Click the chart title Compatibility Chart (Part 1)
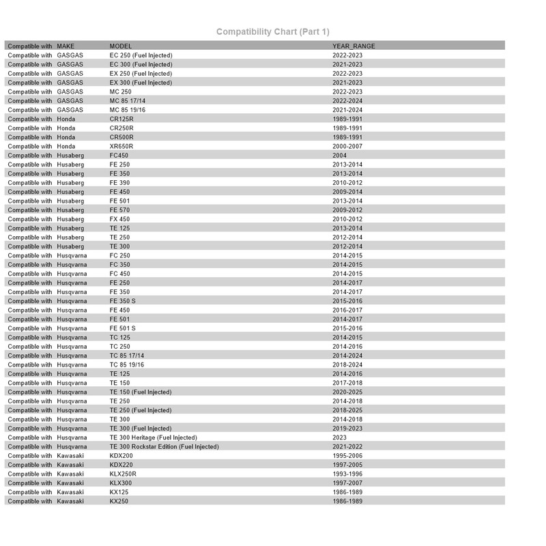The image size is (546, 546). coord(273,31)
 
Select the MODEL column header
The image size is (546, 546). coord(121,46)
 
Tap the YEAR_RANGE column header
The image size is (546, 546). coord(354,46)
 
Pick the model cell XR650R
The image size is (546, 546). coord(121,146)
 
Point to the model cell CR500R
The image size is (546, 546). coord(121,137)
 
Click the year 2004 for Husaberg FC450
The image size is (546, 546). coord(340,156)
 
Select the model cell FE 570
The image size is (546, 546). coord(119,210)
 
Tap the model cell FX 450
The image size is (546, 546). coord(119,219)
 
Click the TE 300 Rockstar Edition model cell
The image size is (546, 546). coord(164,446)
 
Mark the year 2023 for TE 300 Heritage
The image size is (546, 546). coord(340,437)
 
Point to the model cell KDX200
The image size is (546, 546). coord(121,456)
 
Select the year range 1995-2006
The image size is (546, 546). coord(347,456)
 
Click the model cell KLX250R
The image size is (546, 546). coord(124,474)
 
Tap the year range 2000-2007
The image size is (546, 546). coord(347,146)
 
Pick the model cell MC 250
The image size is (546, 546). coord(120,91)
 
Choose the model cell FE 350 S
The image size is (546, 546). coord(123,301)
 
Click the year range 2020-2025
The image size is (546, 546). coord(347,392)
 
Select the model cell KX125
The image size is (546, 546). coord(119,492)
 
